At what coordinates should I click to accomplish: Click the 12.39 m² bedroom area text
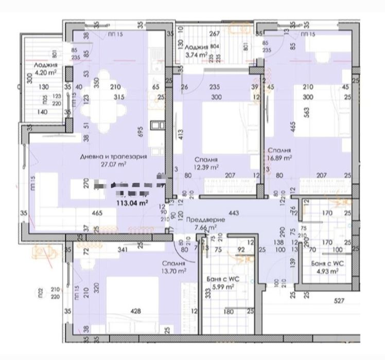(205, 167)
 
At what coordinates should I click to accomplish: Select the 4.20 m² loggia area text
(45, 73)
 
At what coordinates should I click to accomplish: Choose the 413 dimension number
(181, 134)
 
